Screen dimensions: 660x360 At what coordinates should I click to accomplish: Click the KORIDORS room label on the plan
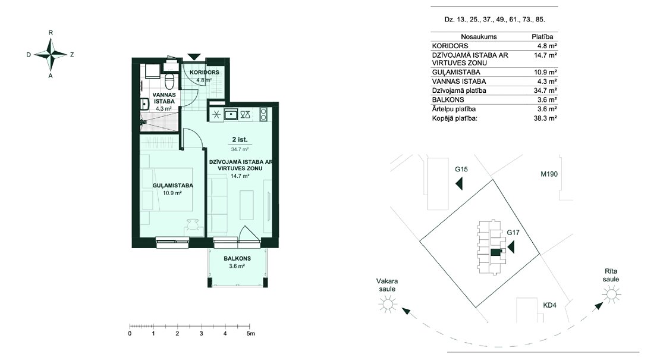(204, 73)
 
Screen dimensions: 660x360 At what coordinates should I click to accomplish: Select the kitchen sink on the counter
(231, 114)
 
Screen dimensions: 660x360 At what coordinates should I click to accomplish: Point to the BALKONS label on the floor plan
(237, 258)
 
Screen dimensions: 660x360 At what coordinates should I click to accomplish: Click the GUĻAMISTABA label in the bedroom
(172, 185)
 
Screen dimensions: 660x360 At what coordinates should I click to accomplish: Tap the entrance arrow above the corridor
(194, 57)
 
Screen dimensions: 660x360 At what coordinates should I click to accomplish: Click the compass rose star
(51, 54)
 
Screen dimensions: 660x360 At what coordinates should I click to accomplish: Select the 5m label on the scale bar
(251, 333)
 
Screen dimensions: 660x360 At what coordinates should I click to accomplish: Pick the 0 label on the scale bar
(130, 333)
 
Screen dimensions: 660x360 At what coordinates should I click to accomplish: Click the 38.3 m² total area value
(545, 118)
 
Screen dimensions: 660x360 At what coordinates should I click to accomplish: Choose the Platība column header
(542, 37)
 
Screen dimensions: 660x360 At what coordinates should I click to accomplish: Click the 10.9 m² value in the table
(545, 72)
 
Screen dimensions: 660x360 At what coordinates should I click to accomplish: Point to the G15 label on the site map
(461, 169)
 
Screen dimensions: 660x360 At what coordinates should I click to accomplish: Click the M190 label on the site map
(549, 174)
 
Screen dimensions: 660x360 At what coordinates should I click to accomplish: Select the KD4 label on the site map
(550, 305)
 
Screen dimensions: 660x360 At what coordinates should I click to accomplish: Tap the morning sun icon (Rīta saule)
(611, 294)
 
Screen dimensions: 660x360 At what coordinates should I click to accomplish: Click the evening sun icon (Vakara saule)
(388, 303)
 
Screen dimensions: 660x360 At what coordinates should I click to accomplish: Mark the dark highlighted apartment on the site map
(496, 252)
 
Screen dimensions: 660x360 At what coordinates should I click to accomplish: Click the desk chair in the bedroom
(193, 224)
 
